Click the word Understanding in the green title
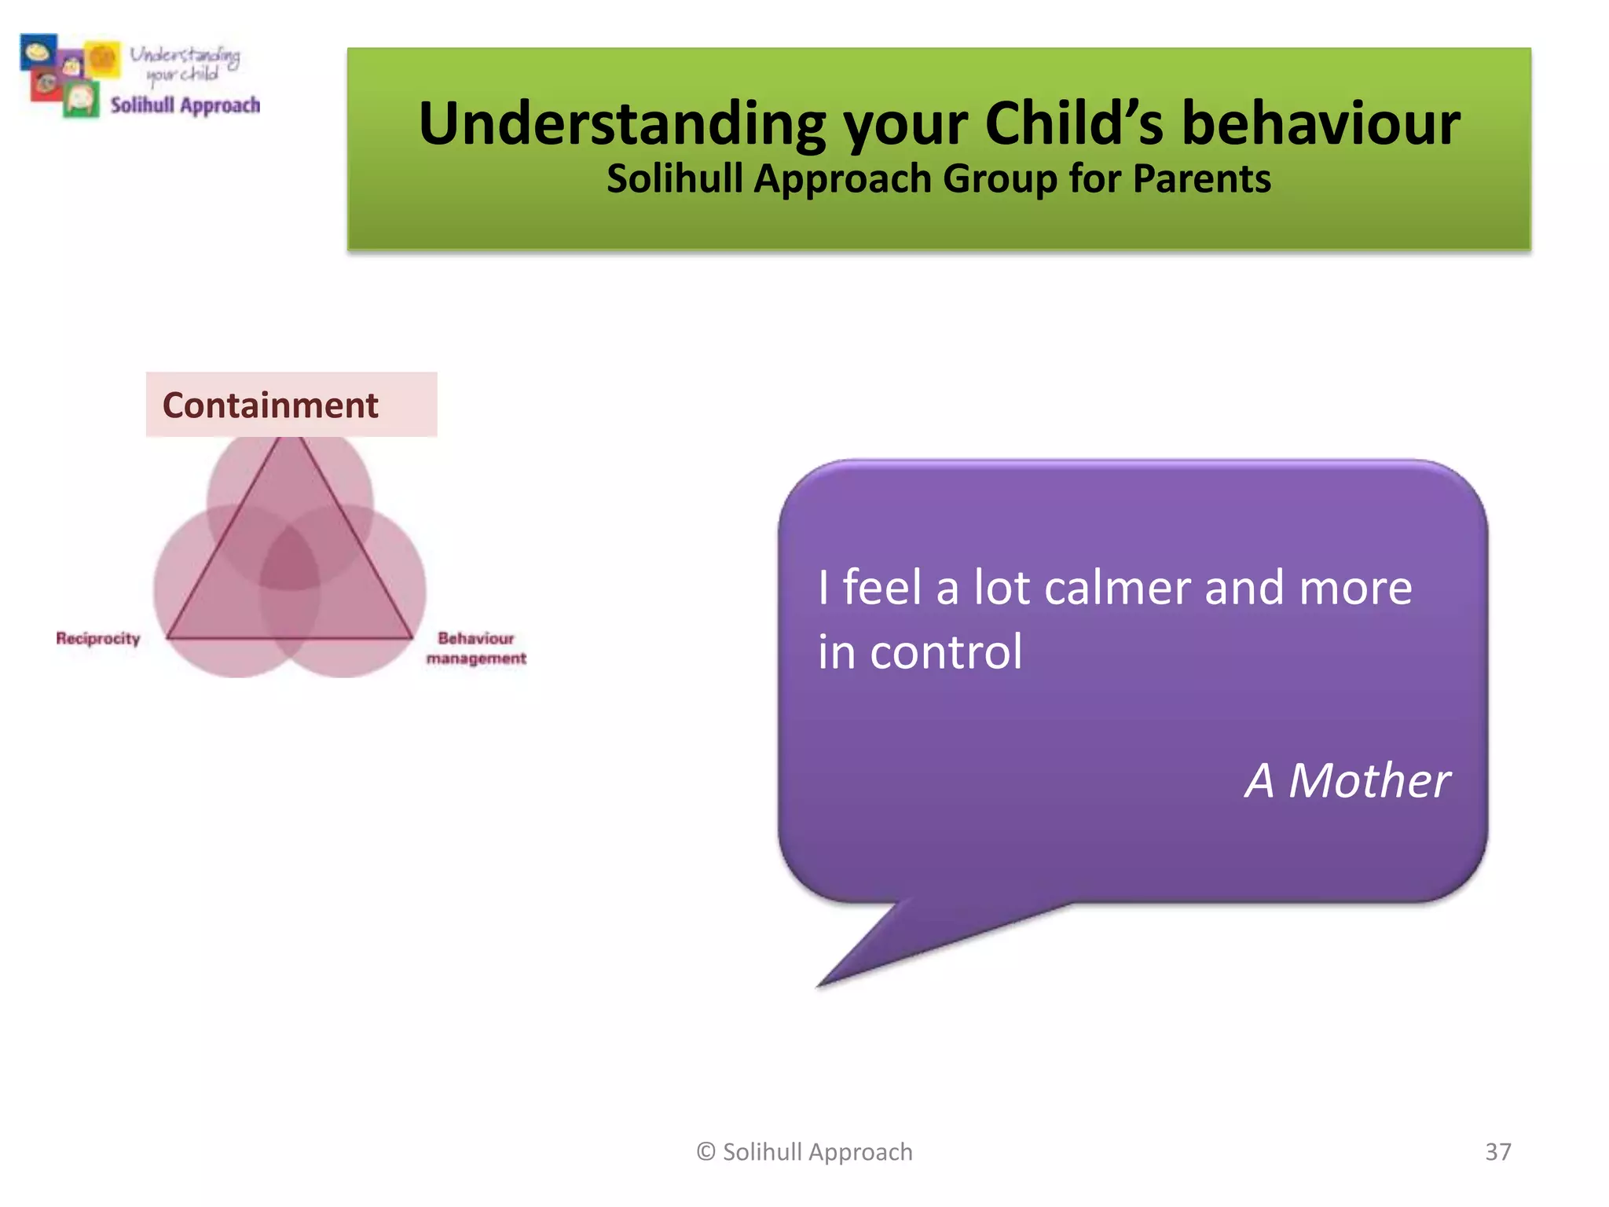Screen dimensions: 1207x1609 621,124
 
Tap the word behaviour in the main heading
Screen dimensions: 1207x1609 1321,124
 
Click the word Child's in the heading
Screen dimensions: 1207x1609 1073,124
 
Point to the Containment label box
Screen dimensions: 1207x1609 291,405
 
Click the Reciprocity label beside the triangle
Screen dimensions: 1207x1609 98,638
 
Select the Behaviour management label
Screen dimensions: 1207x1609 476,648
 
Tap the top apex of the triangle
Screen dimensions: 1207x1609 289,442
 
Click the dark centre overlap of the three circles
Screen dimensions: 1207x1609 289,559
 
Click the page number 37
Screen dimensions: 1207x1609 1497,1152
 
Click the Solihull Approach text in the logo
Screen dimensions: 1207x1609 185,105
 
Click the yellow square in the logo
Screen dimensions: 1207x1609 102,59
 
